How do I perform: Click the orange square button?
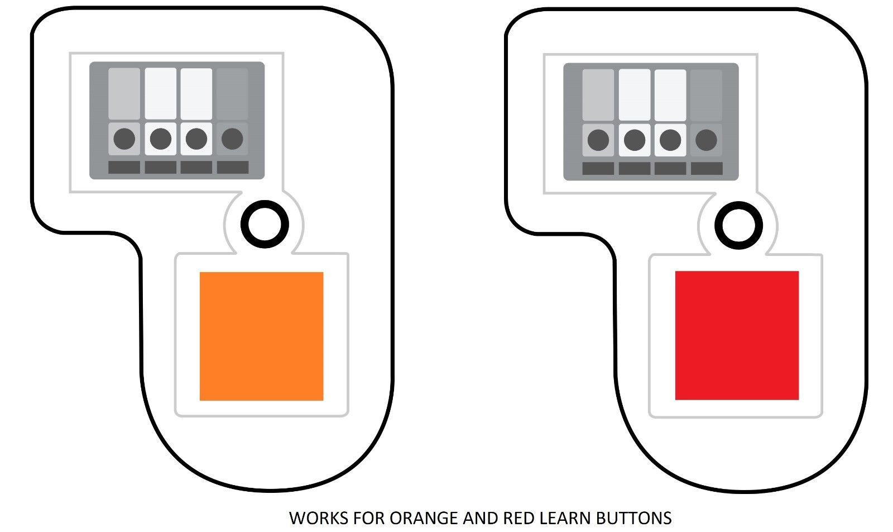click(x=261, y=336)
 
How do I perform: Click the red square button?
click(x=737, y=335)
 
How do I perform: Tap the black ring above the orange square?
click(x=265, y=224)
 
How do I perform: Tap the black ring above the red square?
click(x=739, y=225)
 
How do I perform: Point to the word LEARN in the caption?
click(x=566, y=518)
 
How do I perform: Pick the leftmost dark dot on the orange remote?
click(x=124, y=139)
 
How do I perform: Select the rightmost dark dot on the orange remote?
click(x=232, y=139)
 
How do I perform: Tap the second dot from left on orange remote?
click(x=160, y=139)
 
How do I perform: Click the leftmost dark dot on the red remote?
click(x=598, y=140)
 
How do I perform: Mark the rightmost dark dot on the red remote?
click(x=706, y=140)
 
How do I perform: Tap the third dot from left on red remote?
click(x=670, y=140)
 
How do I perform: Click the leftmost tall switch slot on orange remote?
click(x=124, y=93)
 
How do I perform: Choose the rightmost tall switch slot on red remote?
click(x=706, y=94)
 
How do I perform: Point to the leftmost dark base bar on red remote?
click(x=598, y=168)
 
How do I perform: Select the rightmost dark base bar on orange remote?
click(x=232, y=167)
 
